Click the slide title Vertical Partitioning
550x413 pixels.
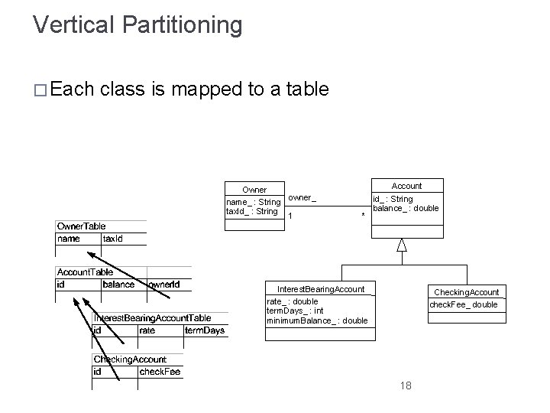137,24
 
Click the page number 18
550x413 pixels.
405,385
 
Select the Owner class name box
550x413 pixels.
254,190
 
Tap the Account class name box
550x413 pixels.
406,186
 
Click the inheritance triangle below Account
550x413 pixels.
402,245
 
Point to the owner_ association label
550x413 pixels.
302,198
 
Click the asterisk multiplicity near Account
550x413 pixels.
363,217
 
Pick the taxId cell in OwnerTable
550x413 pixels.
113,239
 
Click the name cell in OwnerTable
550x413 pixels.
68,239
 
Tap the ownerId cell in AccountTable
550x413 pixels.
164,285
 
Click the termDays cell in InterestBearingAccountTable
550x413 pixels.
205,330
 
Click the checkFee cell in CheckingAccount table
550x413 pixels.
159,372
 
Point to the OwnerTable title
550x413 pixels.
82,226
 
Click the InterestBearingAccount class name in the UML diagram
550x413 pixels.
320,288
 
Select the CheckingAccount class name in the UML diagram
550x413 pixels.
466,292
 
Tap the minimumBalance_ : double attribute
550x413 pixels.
316,320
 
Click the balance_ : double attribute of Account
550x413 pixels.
406,208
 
